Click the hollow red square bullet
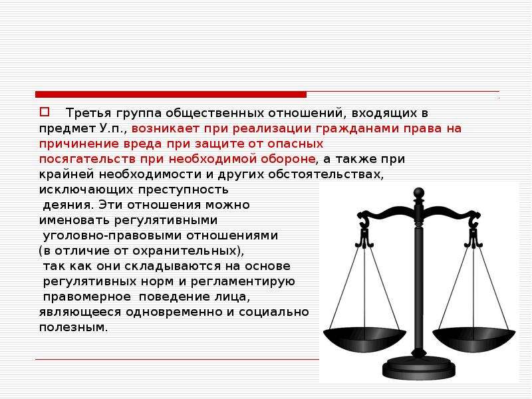pyautogui.click(x=45, y=112)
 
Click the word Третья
pyautogui.click(x=88, y=112)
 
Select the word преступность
pyautogui.click(x=184, y=190)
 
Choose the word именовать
pyautogui.click(x=74, y=220)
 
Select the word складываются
pyautogui.click(x=173, y=266)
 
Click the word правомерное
pyautogui.click(x=87, y=297)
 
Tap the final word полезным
pyautogui.click(x=73, y=327)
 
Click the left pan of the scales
pyautogui.click(x=364, y=338)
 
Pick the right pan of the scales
pyautogui.click(x=473, y=338)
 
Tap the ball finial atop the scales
pyautogui.click(x=420, y=192)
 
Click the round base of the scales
pyautogui.click(x=420, y=368)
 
